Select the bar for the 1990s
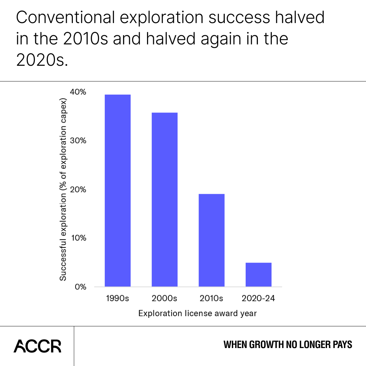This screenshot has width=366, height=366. pyautogui.click(x=118, y=190)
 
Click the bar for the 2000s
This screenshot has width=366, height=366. pyautogui.click(x=164, y=199)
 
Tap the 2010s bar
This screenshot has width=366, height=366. pyautogui.click(x=211, y=240)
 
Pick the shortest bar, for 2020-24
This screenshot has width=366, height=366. pyautogui.click(x=258, y=274)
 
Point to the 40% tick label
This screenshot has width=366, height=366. pyautogui.click(x=78, y=92)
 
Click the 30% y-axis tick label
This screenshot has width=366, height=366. pyautogui.click(x=78, y=141)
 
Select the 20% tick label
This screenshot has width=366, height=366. pyautogui.click(x=78, y=189)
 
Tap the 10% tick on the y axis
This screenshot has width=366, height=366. pyautogui.click(x=78, y=238)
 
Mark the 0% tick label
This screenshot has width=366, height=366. pyautogui.click(x=80, y=287)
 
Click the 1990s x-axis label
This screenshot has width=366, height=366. pyautogui.click(x=118, y=299)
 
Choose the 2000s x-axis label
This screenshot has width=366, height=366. pyautogui.click(x=164, y=299)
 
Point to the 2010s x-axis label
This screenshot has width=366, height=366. pyautogui.click(x=211, y=299)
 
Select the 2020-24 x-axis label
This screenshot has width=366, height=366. pyautogui.click(x=258, y=299)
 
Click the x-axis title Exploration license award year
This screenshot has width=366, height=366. pyautogui.click(x=198, y=313)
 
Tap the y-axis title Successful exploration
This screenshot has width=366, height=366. pyautogui.click(x=63, y=190)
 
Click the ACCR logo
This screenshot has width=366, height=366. pyautogui.click(x=37, y=346)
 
